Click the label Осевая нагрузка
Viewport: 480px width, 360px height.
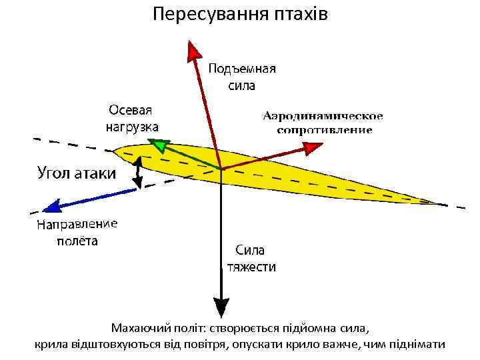[x=132, y=117]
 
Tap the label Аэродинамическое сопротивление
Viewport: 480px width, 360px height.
[x=324, y=123]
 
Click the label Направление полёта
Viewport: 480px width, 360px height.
[x=77, y=232]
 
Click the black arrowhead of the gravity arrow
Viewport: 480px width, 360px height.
[x=220, y=308]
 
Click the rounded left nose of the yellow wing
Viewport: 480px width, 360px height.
[x=117, y=153]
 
